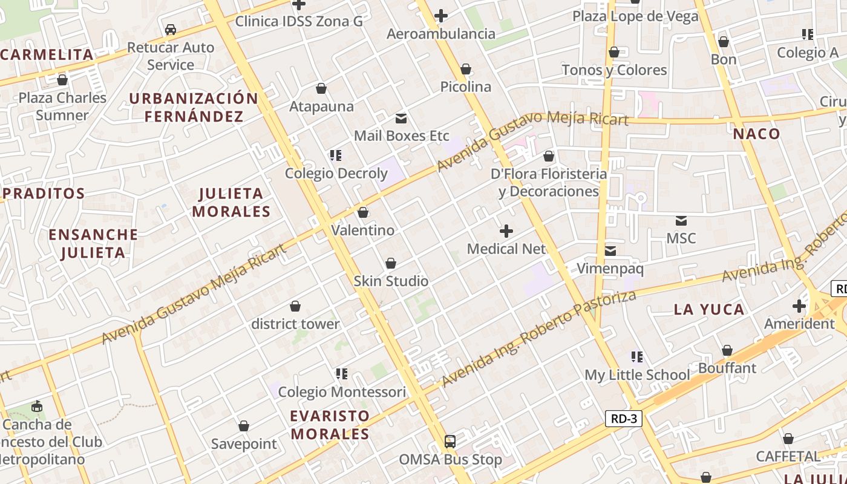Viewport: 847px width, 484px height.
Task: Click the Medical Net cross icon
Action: (x=506, y=231)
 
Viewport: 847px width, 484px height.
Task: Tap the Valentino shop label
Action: (x=362, y=231)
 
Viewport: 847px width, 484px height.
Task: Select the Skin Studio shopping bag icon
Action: (x=391, y=264)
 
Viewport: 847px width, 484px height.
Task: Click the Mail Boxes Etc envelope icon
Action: (x=401, y=119)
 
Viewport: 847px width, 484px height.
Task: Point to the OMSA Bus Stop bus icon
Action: (x=450, y=442)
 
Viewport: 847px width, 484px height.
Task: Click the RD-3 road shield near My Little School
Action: (x=623, y=419)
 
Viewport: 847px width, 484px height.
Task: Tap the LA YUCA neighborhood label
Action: (x=709, y=310)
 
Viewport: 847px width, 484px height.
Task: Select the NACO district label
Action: (x=757, y=134)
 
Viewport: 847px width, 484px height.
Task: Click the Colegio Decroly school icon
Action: (x=336, y=156)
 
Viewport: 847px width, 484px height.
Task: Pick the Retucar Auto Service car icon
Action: (x=171, y=30)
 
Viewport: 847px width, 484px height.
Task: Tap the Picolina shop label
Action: (x=465, y=87)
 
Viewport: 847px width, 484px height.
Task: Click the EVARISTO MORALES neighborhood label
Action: (x=330, y=425)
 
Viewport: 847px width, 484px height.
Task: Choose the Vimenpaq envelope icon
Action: (x=610, y=250)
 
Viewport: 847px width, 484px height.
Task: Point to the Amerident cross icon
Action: (x=799, y=306)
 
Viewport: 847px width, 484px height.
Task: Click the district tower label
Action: (x=295, y=324)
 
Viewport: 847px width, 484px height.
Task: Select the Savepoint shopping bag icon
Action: (x=243, y=427)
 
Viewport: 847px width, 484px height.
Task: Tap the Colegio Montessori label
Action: (x=342, y=392)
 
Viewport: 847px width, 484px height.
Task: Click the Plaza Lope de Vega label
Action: (x=635, y=16)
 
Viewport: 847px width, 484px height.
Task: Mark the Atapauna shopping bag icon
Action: (x=321, y=89)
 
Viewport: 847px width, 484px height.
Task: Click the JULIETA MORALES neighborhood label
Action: (x=231, y=203)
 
